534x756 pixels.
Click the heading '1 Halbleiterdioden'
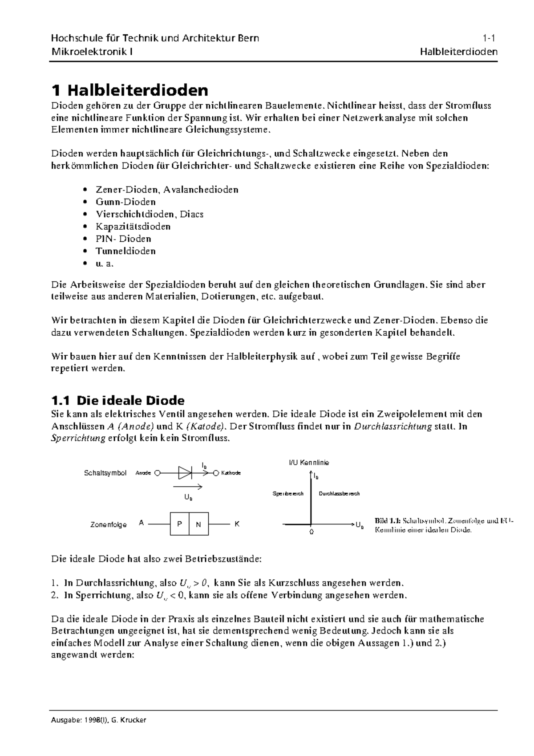[130, 90]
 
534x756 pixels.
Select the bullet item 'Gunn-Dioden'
[125, 202]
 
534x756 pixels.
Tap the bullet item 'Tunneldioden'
[125, 251]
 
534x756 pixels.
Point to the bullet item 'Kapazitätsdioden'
[133, 227]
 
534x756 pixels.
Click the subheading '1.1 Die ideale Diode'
[118, 400]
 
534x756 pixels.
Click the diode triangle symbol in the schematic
[184, 472]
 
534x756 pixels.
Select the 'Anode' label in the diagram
[143, 473]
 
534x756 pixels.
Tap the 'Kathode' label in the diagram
[231, 473]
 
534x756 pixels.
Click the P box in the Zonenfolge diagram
[179, 524]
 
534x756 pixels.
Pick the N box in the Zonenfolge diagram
[198, 524]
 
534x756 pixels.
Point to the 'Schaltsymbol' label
[105, 473]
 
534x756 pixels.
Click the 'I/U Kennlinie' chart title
[309, 463]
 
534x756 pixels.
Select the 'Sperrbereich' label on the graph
[288, 494]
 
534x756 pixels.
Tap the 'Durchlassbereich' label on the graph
[339, 494]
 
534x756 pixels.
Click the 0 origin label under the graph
[311, 532]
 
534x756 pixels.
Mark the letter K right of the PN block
[237, 524]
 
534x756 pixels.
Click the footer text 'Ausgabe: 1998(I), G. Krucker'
[99, 720]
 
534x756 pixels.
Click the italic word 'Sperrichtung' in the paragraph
[78, 438]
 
